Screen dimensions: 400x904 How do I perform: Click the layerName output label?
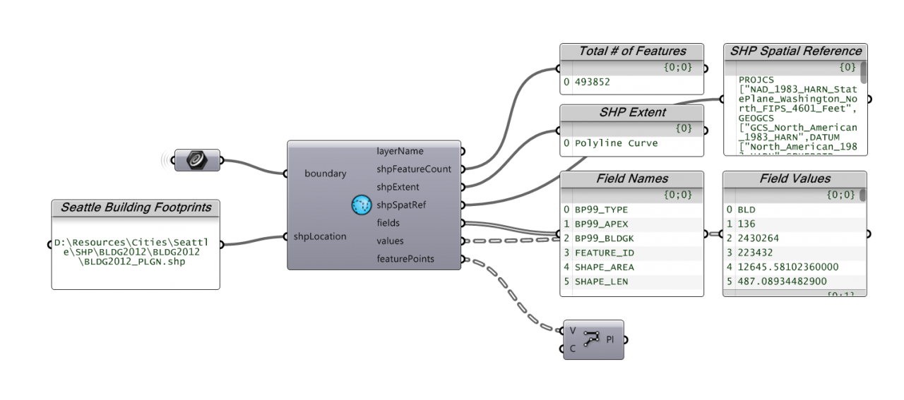click(400, 151)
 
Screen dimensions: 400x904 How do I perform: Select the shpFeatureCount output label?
click(414, 169)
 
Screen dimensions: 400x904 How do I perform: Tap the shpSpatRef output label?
click(401, 205)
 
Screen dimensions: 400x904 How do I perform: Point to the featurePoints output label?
click(405, 259)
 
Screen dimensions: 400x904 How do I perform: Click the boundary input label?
click(325, 174)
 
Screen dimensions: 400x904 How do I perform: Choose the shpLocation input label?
click(320, 236)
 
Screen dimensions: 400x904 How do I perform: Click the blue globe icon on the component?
click(362, 205)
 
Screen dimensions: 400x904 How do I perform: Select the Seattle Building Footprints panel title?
click(136, 207)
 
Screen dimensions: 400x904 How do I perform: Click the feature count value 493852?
click(593, 82)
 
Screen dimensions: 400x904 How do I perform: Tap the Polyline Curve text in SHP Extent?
click(616, 143)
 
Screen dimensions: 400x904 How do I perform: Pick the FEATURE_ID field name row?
click(604, 253)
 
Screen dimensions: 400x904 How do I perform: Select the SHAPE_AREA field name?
click(604, 267)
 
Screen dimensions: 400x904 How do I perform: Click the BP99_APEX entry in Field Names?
click(601, 224)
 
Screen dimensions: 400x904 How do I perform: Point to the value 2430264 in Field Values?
click(758, 238)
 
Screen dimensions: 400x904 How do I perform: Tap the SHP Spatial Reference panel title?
click(795, 51)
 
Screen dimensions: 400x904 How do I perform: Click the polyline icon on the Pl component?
click(591, 339)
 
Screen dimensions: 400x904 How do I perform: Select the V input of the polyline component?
click(573, 331)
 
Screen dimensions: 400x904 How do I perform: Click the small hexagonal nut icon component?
click(197, 160)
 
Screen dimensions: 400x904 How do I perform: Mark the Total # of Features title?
click(632, 51)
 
